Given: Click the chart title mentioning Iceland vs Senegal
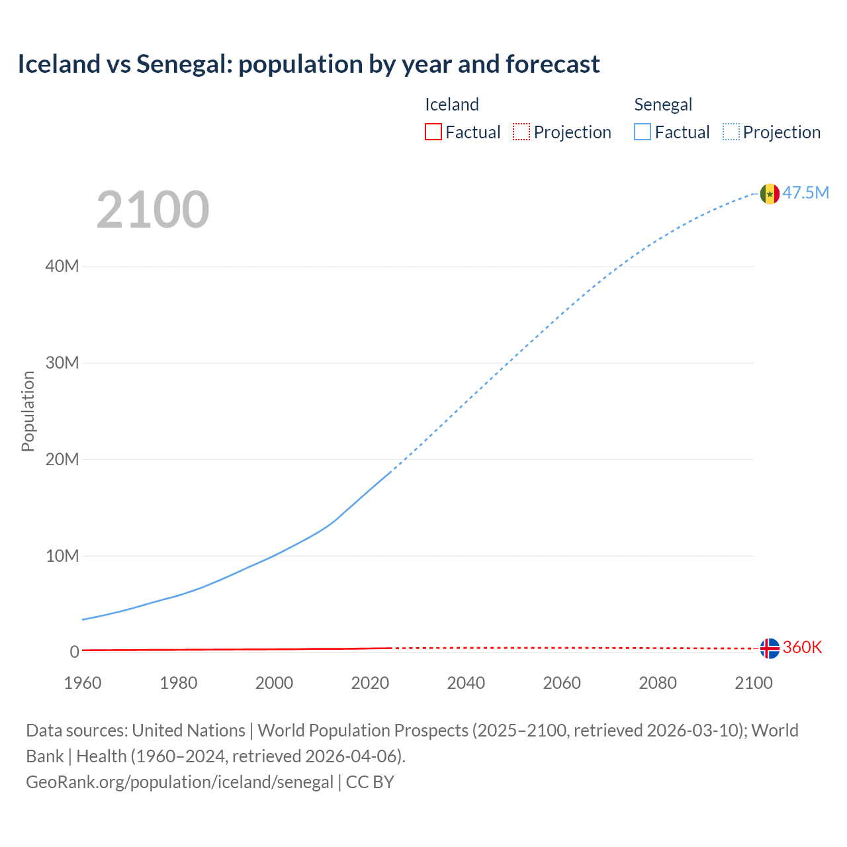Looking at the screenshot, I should click(x=308, y=64).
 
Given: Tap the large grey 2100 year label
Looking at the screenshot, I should click(x=153, y=210).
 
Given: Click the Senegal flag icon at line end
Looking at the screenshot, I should click(x=770, y=194).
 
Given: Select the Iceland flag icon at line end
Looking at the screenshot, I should click(x=770, y=648).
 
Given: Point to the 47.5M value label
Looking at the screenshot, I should click(x=805, y=193).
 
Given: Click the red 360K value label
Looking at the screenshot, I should click(x=802, y=647).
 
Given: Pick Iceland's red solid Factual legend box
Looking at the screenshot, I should click(x=433, y=132).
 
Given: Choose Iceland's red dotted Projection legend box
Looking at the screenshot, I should click(x=521, y=132).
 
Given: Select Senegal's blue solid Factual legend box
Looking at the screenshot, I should click(x=642, y=132).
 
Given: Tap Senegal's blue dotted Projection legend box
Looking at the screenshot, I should click(x=731, y=132).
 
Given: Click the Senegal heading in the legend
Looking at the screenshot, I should click(x=662, y=105).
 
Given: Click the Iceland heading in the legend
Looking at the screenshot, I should click(x=451, y=105).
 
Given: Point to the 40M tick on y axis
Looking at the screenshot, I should click(x=62, y=266).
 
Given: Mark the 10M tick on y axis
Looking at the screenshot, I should click(x=62, y=556).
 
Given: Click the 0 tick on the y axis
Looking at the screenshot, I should click(x=74, y=652).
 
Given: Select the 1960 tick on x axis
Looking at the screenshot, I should click(x=83, y=683).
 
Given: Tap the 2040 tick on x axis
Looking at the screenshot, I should click(x=466, y=683).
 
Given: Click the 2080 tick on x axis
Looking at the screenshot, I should click(x=658, y=683).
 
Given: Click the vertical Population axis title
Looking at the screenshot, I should click(x=28, y=411).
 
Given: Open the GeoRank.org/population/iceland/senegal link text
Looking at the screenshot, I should click(x=179, y=782).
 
